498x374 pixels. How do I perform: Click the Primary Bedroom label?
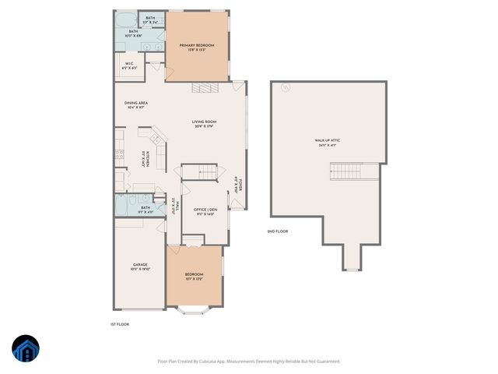pos(197,47)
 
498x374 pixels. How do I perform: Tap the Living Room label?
pos(204,122)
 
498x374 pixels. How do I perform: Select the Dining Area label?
pos(136,104)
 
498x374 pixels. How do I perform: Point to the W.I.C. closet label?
pos(128,66)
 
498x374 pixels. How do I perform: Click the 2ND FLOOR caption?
pos(278,231)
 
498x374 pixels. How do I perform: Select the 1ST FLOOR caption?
pos(119,323)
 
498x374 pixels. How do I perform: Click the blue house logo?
pos(26,350)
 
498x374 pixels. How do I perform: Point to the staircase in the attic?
pos(345,169)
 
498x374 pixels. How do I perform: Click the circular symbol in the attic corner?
pos(285,88)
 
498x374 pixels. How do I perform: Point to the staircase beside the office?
pos(201,172)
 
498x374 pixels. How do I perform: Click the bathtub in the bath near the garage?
pos(121,206)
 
